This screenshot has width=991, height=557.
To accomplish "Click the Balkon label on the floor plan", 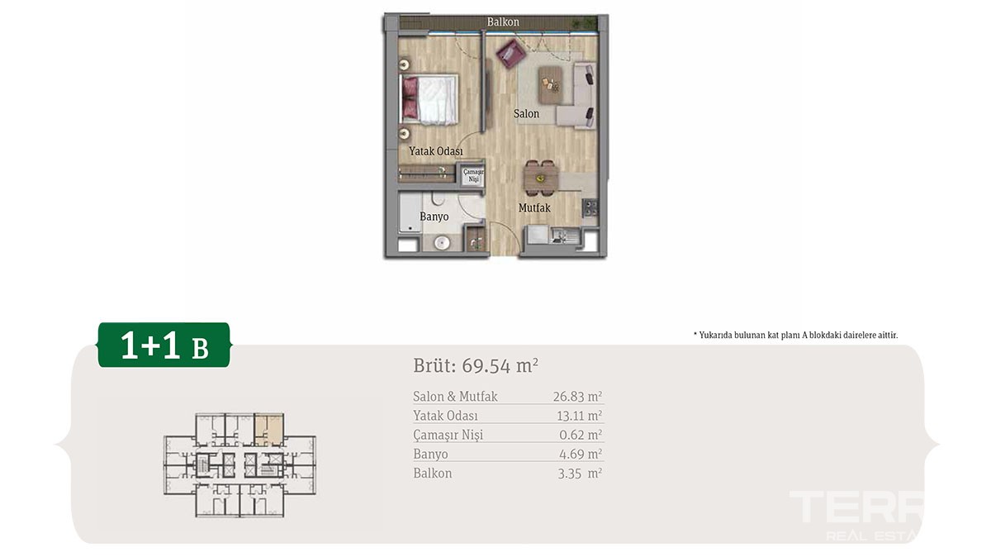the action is [503, 21].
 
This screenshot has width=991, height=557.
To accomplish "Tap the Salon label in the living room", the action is [526, 114].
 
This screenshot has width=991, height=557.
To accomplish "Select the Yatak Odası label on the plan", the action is [436, 151].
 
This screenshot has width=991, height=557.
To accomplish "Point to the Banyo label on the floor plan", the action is [434, 217].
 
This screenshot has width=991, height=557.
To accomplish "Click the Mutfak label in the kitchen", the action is [534, 207].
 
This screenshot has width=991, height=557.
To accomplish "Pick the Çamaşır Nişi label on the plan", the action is [473, 175].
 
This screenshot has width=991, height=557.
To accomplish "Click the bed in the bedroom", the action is [429, 99].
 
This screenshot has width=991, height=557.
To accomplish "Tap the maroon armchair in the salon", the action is [511, 54].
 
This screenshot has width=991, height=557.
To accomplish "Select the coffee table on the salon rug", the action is [550, 84].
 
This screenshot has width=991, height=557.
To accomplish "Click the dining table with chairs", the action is [541, 178].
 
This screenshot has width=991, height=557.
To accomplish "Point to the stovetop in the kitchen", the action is [590, 207].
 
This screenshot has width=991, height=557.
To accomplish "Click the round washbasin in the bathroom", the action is [442, 242].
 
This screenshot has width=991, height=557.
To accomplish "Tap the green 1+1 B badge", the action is [164, 345].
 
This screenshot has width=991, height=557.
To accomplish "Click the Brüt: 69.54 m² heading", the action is [476, 366].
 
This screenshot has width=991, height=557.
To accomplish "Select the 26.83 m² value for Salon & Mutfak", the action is [577, 397].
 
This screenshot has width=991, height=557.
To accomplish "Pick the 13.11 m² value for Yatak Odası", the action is [579, 416].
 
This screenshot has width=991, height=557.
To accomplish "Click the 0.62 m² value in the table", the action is [581, 435].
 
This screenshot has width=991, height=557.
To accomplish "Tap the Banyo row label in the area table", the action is [430, 454].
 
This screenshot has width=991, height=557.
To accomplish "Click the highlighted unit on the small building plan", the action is [269, 430].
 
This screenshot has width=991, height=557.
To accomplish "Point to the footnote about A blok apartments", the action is [795, 336].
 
